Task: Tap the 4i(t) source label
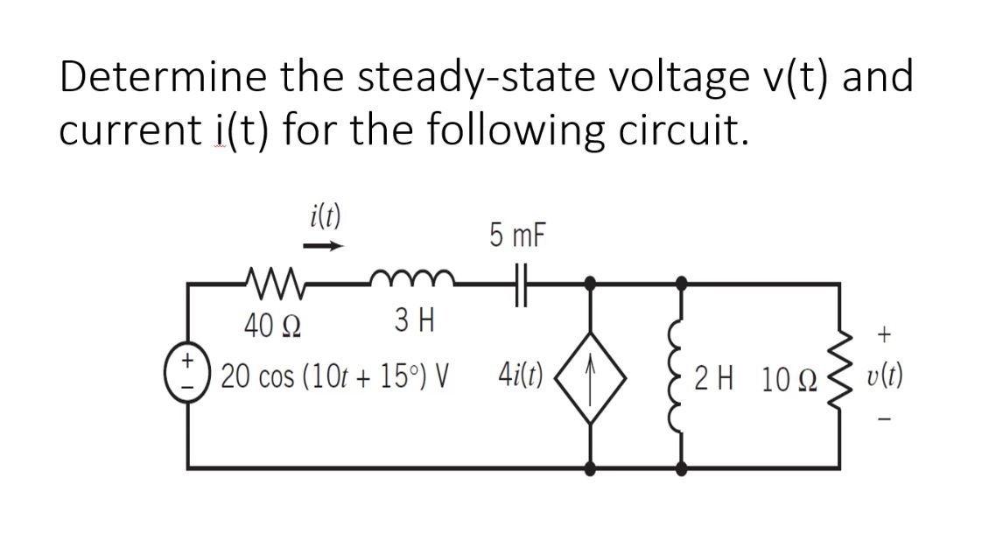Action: (523, 378)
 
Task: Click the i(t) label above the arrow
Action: (325, 214)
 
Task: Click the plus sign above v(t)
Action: (885, 334)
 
